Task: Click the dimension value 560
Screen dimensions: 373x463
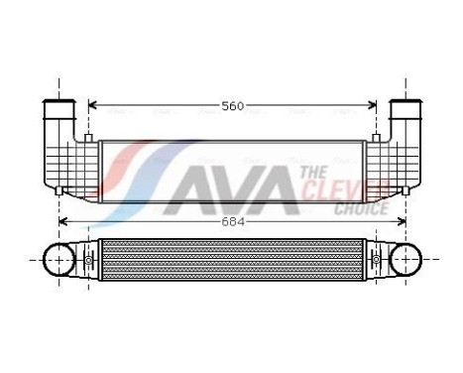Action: pyautogui.click(x=232, y=105)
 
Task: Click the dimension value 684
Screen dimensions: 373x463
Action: pyautogui.click(x=232, y=221)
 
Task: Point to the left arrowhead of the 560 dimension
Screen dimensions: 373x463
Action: pyautogui.click(x=92, y=105)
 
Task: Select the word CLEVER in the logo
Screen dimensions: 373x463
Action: pyautogui.click(x=333, y=189)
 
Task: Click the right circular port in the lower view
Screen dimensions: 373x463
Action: pyautogui.click(x=405, y=263)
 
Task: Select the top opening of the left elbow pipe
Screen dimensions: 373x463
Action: pyautogui.click(x=59, y=103)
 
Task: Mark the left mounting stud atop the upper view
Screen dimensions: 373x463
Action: pyautogui.click(x=89, y=137)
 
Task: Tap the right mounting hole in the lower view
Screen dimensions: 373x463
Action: pyautogui.click(x=376, y=262)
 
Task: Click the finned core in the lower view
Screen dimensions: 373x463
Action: pyautogui.click(x=232, y=263)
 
